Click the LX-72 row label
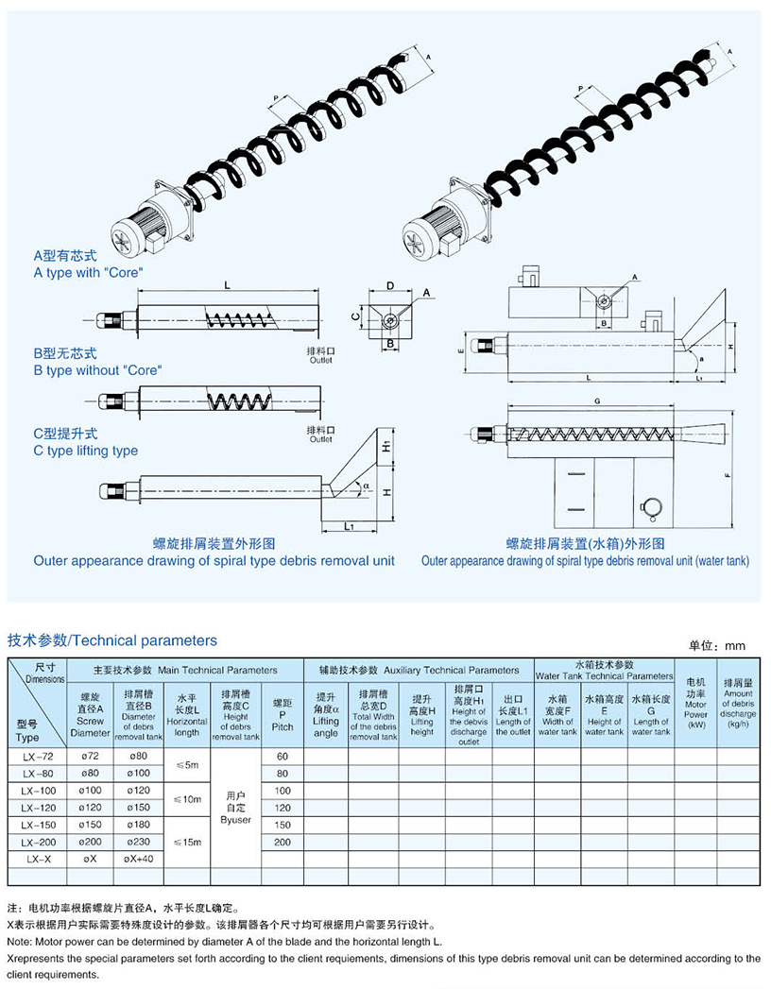pyautogui.click(x=38, y=757)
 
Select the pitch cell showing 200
pyautogui.click(x=283, y=842)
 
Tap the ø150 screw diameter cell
pyautogui.click(x=91, y=825)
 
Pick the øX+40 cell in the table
pyautogui.click(x=138, y=859)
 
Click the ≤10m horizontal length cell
pyautogui.click(x=186, y=799)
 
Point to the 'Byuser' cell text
pyautogui.click(x=235, y=819)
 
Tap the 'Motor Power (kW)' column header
pyautogui.click(x=696, y=703)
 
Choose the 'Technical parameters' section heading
pyautogui.click(x=112, y=640)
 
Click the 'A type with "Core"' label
pyautogui.click(x=89, y=273)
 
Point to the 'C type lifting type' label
pyautogui.click(x=86, y=451)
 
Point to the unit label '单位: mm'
pyautogui.click(x=717, y=646)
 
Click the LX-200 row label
pyautogui.click(x=38, y=842)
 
